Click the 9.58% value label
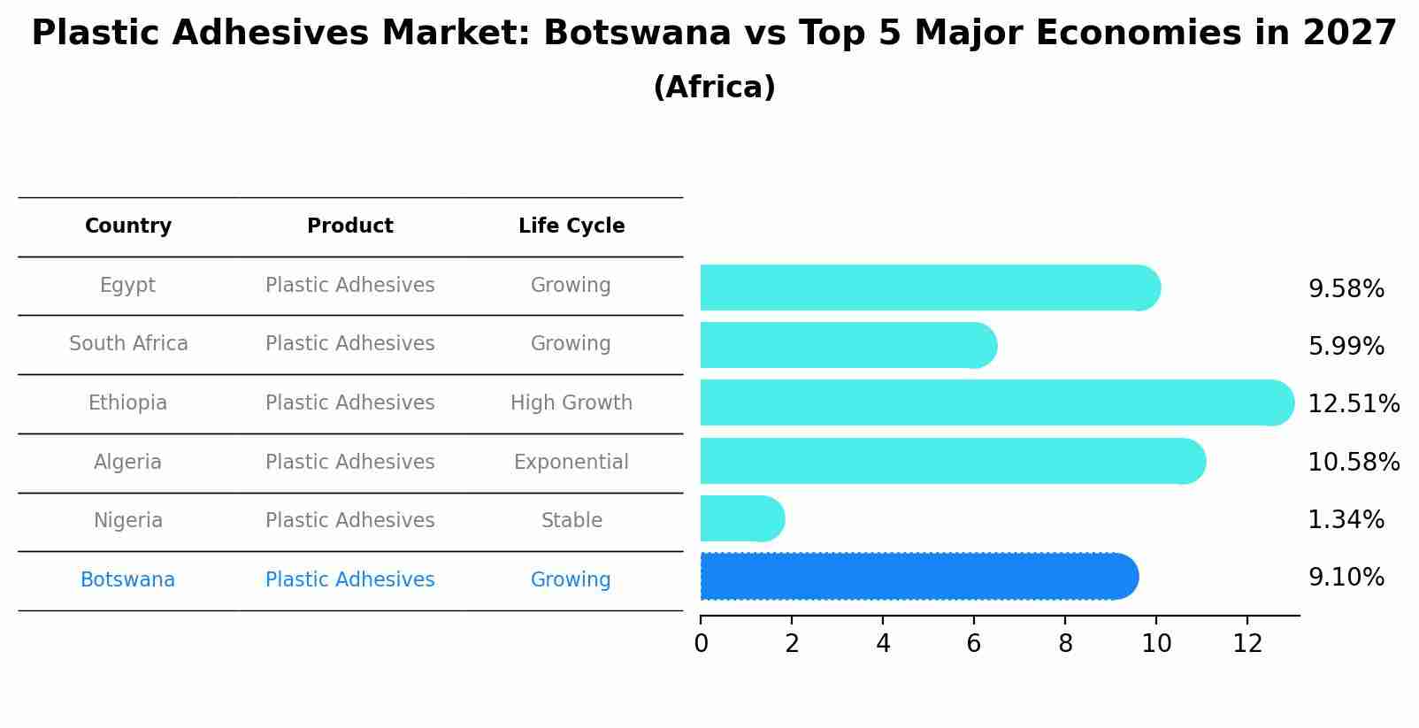pyautogui.click(x=1346, y=289)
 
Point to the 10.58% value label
pyautogui.click(x=1353, y=462)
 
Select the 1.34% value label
pyautogui.click(x=1346, y=519)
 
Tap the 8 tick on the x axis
pyautogui.click(x=1065, y=644)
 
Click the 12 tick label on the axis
pyautogui.click(x=1247, y=644)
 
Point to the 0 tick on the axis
pyautogui.click(x=701, y=644)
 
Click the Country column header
pyautogui.click(x=128, y=226)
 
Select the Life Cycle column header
pyautogui.click(x=571, y=226)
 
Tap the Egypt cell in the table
pyautogui.click(x=127, y=286)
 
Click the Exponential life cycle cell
pyautogui.click(x=571, y=462)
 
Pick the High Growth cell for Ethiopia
pyautogui.click(x=571, y=403)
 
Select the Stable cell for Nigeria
pyautogui.click(x=571, y=520)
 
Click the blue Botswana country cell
pyautogui.click(x=127, y=580)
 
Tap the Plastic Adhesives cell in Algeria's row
pyautogui.click(x=349, y=462)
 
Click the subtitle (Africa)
pyautogui.click(x=714, y=88)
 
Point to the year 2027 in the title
pyautogui.click(x=1349, y=34)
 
